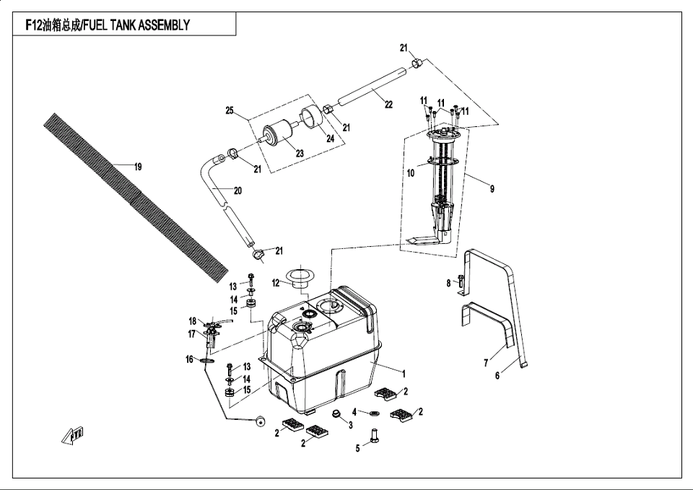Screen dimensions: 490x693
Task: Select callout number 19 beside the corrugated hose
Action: click(x=137, y=167)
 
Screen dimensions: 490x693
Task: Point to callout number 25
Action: click(x=230, y=110)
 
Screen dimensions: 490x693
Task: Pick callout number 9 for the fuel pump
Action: click(x=492, y=189)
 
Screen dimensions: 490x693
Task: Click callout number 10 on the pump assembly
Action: click(x=411, y=173)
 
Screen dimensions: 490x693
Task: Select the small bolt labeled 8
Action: click(x=460, y=284)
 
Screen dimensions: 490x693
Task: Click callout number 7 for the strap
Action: click(x=487, y=363)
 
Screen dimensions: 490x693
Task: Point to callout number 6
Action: click(x=497, y=375)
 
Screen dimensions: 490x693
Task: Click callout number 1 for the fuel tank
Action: click(x=404, y=374)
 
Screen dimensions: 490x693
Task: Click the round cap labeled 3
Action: click(x=336, y=414)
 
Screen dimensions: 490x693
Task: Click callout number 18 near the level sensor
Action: click(x=193, y=320)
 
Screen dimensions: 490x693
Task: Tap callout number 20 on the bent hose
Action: click(x=237, y=191)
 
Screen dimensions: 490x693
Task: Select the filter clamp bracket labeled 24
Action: click(x=311, y=116)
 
